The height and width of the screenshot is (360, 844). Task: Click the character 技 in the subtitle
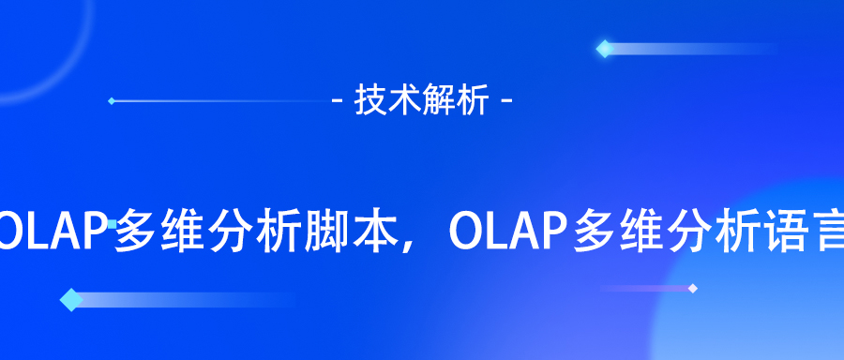click(369, 100)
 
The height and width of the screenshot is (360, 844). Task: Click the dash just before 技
click(339, 100)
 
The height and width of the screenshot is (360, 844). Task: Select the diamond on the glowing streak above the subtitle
click(604, 48)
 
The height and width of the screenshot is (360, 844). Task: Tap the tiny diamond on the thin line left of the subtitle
click(112, 100)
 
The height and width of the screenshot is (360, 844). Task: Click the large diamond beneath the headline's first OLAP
click(70, 300)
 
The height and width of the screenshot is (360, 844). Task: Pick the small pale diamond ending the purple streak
click(692, 288)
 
